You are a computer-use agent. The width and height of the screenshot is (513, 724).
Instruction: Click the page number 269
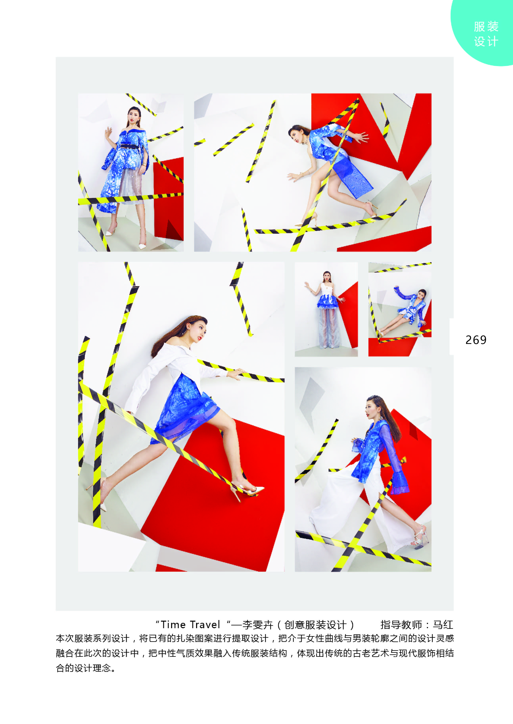476,340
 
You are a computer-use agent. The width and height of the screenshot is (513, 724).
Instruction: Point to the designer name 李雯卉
257,625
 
